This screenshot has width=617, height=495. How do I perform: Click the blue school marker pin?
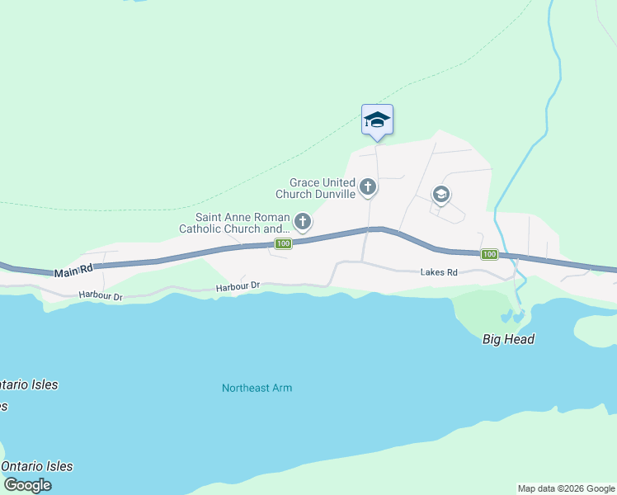coord(377,120)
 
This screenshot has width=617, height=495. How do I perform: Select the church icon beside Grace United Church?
coord(368,188)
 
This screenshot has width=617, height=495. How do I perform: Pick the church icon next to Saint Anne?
coord(303,221)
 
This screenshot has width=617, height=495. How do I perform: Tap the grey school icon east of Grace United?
coord(440,195)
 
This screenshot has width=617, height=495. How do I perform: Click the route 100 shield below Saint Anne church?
coord(283,243)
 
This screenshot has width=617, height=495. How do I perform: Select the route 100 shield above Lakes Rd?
coord(489,254)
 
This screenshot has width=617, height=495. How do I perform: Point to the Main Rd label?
coord(73,271)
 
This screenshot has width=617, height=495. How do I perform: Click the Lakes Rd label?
coord(438,271)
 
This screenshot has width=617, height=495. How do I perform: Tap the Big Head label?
coord(508,339)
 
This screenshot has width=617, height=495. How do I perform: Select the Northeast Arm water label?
coord(257,388)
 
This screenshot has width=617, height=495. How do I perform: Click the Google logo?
coord(26,485)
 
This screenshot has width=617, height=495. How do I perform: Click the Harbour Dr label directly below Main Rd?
coord(101,295)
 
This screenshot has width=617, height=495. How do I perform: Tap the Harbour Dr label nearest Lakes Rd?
coord(238,286)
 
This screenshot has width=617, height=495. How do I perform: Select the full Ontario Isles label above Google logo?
coord(36,466)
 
